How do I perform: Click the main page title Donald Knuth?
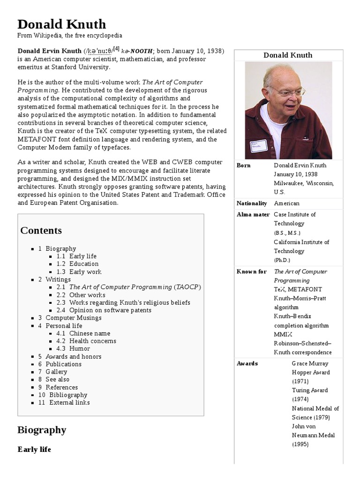pyautogui.click(x=61, y=24)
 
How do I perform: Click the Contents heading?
pyautogui.click(x=41, y=231)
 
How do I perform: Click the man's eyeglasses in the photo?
pyautogui.click(x=290, y=92)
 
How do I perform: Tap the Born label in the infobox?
pyautogui.click(x=244, y=165)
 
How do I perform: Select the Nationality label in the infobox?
pyautogui.click(x=252, y=203)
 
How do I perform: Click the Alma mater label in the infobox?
pyautogui.click(x=253, y=215)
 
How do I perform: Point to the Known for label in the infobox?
pyautogui.click(x=252, y=272)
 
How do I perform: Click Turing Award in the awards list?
pyautogui.click(x=310, y=390)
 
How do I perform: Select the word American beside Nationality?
pyautogui.click(x=286, y=203)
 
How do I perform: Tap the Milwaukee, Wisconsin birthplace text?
pyautogui.click(x=304, y=183)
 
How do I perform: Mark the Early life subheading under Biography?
pyautogui.click(x=34, y=450)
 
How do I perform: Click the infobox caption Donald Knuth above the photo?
pyautogui.click(x=288, y=55)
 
